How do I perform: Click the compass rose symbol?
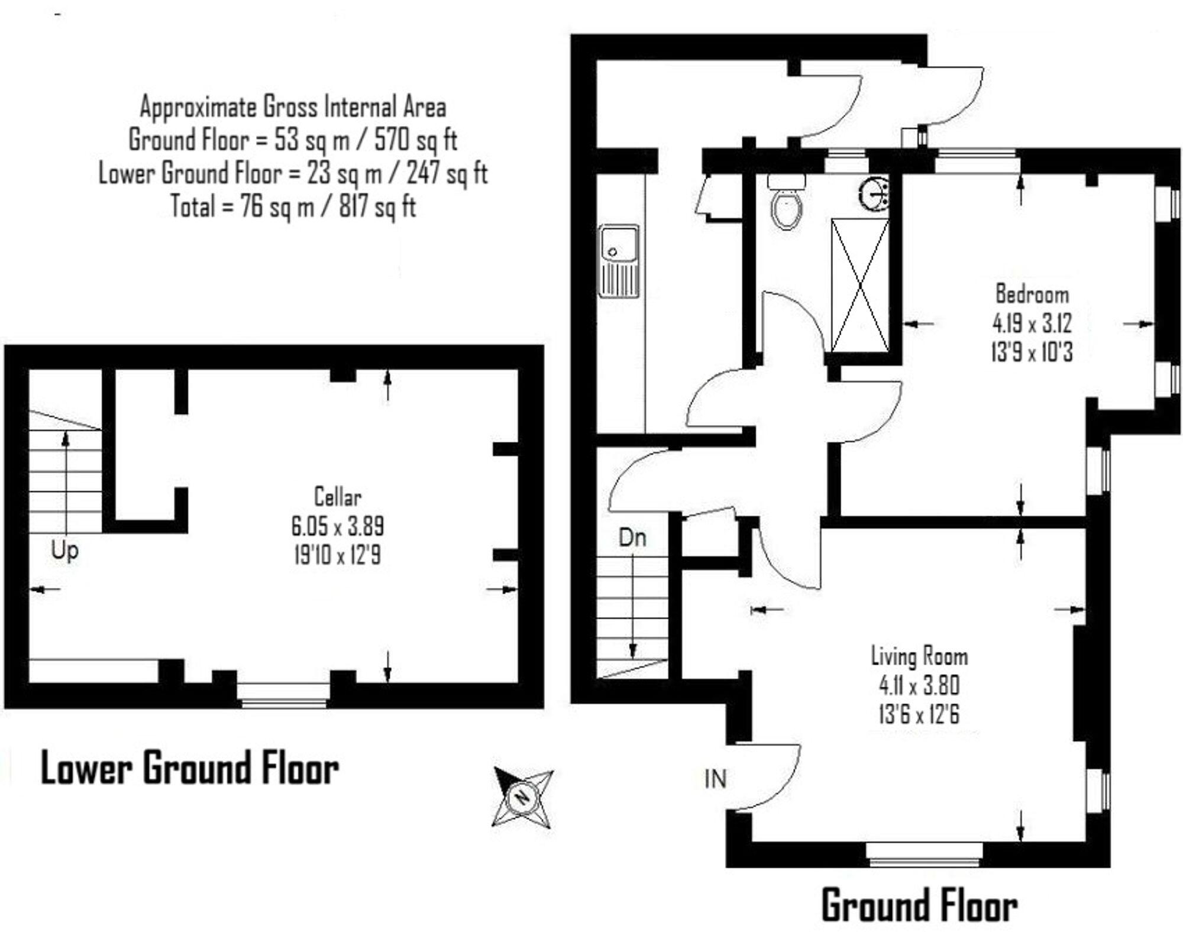[x=522, y=797]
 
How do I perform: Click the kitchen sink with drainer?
[x=619, y=261]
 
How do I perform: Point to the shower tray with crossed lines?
[x=860, y=285]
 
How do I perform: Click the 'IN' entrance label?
[x=715, y=779]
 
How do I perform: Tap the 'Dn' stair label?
[x=632, y=538]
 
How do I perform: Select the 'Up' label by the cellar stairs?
[x=64, y=551]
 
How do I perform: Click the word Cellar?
[x=337, y=497]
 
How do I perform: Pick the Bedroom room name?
[x=1032, y=294]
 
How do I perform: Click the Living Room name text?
[x=919, y=656]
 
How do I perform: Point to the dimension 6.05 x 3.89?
[x=337, y=526]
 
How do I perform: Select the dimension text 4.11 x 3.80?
[x=919, y=686]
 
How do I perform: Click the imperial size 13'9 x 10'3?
[x=1032, y=352]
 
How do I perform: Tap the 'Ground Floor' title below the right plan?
[x=919, y=906]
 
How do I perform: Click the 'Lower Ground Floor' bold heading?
[x=189, y=769]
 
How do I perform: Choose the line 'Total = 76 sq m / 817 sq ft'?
[x=293, y=207]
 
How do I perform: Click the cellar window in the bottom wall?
[x=283, y=694]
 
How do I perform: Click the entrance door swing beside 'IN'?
[x=769, y=775]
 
